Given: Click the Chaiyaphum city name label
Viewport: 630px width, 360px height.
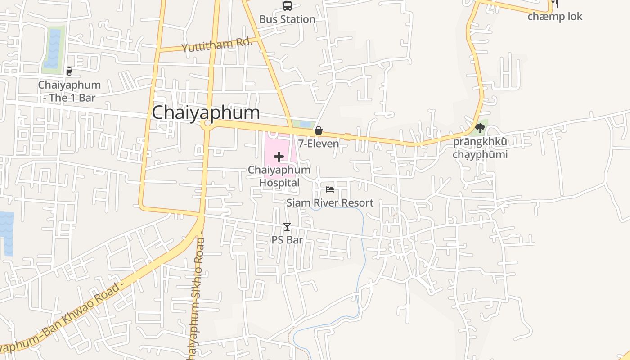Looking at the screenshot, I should click(x=206, y=112).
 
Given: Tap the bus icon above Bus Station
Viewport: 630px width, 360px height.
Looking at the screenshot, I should click(x=287, y=6).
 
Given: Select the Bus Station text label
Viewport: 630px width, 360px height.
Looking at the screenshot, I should click(x=287, y=19).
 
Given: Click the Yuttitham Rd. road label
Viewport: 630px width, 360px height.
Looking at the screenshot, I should click(x=216, y=45).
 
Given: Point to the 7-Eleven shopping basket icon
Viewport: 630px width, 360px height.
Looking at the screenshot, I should click(x=319, y=130).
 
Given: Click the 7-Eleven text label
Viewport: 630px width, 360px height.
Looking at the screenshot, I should click(x=319, y=144).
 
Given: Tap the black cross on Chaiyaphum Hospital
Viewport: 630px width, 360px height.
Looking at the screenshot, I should click(x=279, y=157).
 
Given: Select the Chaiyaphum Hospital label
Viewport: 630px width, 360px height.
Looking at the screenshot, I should click(x=279, y=176).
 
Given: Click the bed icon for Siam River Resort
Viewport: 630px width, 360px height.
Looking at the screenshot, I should click(x=330, y=189).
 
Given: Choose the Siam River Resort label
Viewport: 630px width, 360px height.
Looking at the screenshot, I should click(x=330, y=203).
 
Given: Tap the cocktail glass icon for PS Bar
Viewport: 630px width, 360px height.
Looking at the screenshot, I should click(x=287, y=227).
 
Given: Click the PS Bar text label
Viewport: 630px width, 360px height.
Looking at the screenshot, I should click(x=287, y=240).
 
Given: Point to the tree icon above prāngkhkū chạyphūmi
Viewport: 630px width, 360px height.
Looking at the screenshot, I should click(x=480, y=128).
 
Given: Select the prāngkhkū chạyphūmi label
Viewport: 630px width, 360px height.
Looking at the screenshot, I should click(x=480, y=148).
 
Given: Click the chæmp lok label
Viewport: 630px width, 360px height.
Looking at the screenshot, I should click(x=555, y=17).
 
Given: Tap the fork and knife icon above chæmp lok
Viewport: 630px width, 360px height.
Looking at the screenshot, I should click(x=555, y=4).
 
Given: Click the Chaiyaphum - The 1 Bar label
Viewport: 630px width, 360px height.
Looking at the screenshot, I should click(x=69, y=91).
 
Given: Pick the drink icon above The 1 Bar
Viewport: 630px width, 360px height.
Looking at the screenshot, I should click(x=69, y=71).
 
